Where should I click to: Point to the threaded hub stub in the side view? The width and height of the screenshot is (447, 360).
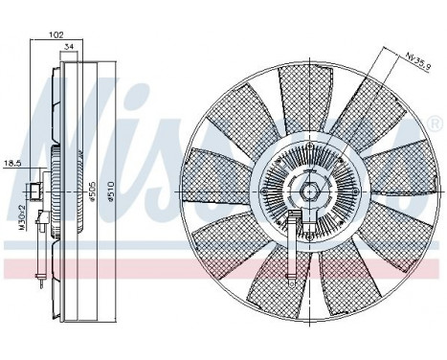click(35, 190)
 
